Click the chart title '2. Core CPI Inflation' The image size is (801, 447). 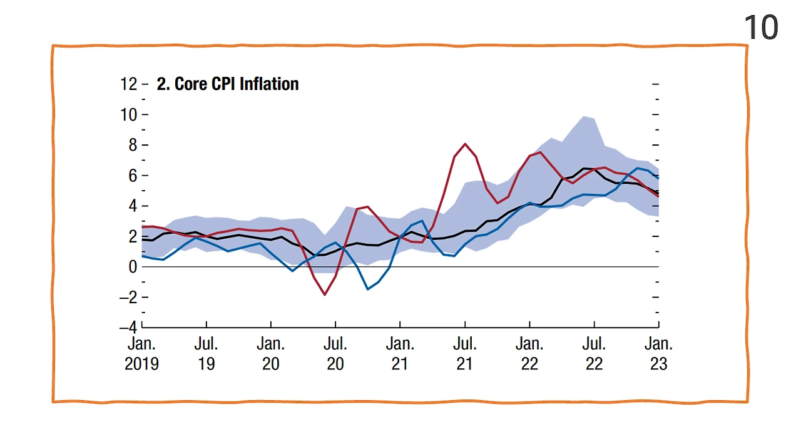click(228, 84)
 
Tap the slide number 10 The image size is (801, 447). click(761, 28)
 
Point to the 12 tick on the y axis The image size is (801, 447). click(129, 84)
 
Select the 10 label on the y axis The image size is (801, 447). click(129, 114)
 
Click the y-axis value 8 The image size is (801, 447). click(133, 145)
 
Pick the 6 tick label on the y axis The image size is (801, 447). click(133, 176)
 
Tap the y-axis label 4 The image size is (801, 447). click(133, 206)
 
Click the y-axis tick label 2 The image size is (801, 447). click(133, 236)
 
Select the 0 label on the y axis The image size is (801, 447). click(133, 267)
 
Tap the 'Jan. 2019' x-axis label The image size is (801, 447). click(142, 354)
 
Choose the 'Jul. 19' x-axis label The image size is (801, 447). click(207, 354)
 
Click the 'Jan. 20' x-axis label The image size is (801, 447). click(271, 354)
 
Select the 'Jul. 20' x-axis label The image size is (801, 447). click(335, 354)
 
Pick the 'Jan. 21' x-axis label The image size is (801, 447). click(400, 354)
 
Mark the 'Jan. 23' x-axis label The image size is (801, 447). click(658, 354)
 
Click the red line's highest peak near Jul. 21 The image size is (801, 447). click(465, 144)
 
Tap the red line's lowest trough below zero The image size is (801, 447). click(325, 294)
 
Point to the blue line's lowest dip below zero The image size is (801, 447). click(368, 289)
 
